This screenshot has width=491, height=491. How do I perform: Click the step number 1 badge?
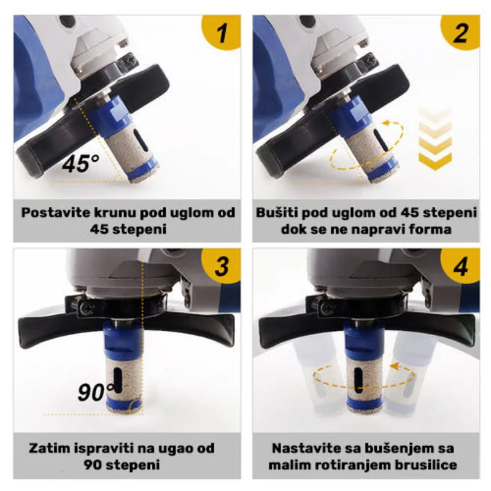[x=221, y=32]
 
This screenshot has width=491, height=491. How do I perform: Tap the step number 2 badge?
[x=461, y=32]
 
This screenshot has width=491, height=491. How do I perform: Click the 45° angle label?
[x=80, y=163]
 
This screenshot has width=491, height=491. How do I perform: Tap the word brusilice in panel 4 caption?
[x=427, y=465]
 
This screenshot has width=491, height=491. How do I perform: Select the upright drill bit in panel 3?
[x=125, y=374]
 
